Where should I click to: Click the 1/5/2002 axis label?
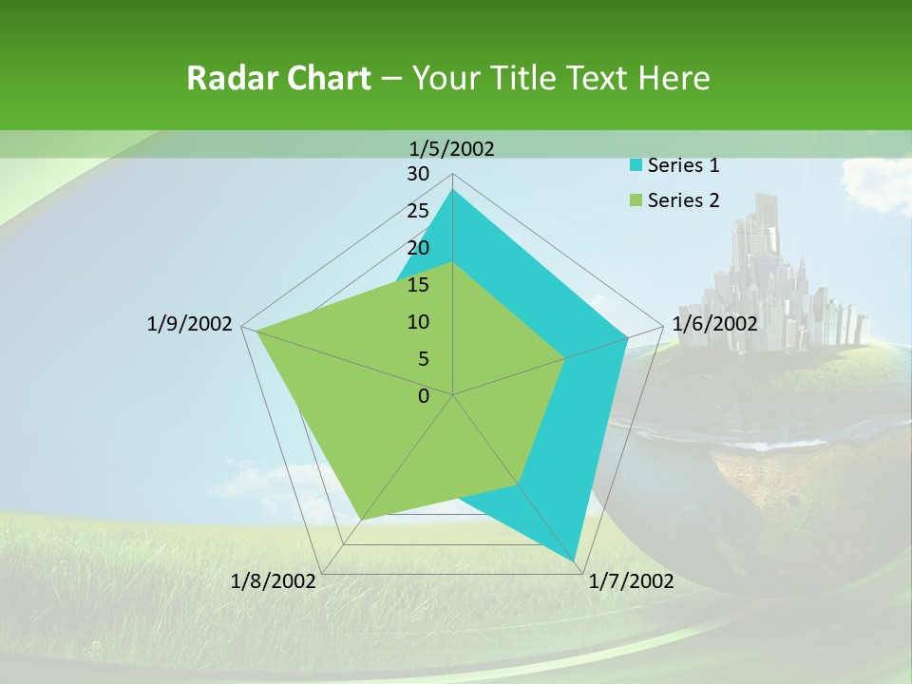452,148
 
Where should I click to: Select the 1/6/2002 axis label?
714,324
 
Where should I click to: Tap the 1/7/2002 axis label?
631,581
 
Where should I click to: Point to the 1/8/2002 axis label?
274,581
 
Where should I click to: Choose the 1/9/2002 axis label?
189,324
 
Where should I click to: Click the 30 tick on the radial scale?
418,174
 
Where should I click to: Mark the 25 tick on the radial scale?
418,211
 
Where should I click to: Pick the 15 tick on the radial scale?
418,285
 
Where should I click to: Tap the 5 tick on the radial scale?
423,359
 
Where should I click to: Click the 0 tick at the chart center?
424,396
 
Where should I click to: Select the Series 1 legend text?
683,165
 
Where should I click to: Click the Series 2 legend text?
683,200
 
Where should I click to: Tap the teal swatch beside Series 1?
636,165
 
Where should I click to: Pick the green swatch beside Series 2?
636,200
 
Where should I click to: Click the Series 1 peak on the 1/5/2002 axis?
452,190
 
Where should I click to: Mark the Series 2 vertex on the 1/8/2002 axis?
360,520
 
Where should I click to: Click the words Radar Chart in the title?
278,78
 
